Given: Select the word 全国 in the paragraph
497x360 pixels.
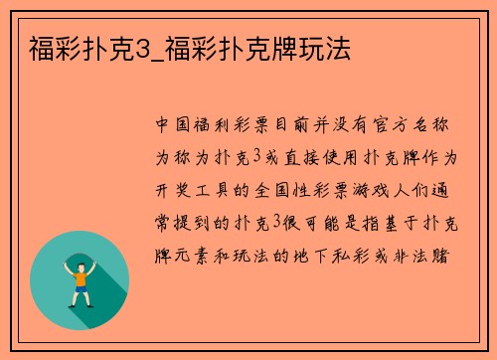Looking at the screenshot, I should click(275, 191).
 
